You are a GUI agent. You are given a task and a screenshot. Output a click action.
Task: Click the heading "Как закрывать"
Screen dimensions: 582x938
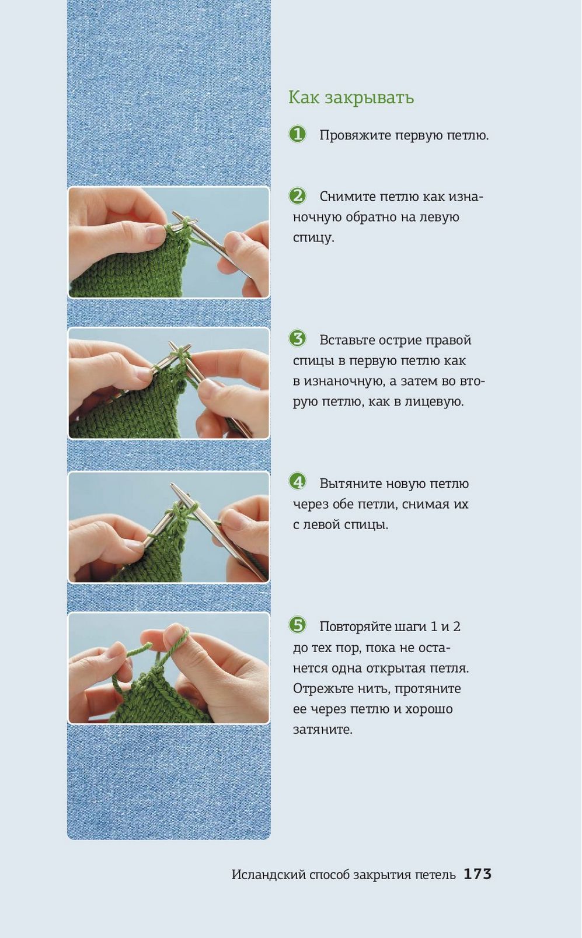351,98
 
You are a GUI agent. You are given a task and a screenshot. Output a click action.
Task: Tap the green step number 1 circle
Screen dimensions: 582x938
298,134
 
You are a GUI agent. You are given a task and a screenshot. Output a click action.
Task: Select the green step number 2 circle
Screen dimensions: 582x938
298,195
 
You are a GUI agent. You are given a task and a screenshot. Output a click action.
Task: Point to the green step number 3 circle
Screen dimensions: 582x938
298,338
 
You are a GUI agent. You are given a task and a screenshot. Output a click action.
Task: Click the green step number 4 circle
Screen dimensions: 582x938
298,482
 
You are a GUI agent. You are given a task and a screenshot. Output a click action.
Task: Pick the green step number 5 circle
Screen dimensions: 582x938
298,625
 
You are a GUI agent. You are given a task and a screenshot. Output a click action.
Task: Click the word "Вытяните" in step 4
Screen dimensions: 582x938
350,484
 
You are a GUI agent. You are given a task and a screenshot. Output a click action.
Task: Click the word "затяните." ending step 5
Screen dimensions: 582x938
323,730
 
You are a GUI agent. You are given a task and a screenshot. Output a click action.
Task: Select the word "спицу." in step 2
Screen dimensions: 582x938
313,238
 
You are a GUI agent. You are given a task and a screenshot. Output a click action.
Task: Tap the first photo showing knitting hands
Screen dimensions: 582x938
169,243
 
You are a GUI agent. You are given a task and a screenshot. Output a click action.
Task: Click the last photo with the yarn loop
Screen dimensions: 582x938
169,668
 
